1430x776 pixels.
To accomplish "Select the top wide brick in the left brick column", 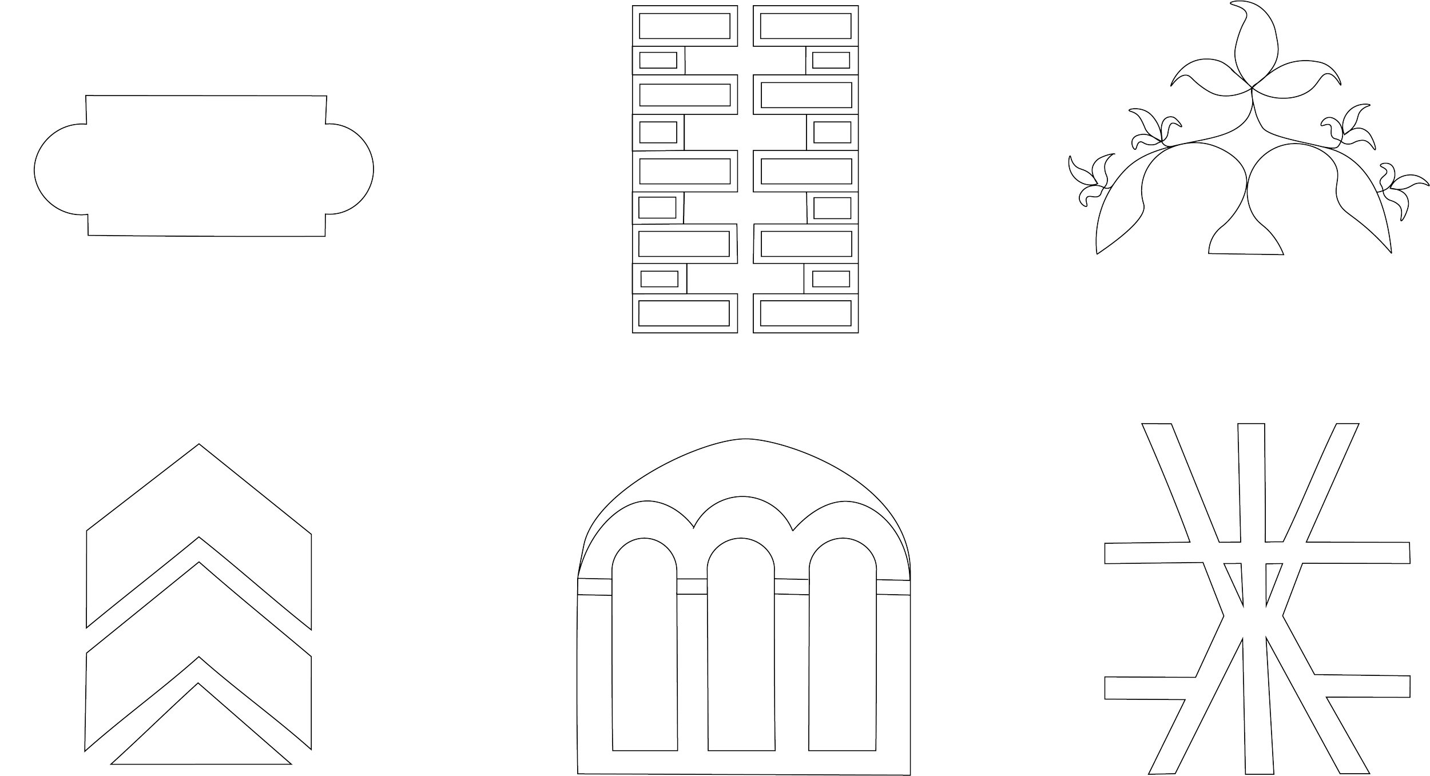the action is (x=685, y=26).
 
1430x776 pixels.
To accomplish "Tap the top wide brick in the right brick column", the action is (x=805, y=26).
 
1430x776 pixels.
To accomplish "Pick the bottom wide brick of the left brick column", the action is (x=685, y=313).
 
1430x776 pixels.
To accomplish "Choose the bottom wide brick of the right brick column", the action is (x=805, y=313).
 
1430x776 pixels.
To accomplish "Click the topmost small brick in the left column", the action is (x=658, y=61).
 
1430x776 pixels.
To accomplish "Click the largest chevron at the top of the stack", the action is (x=198, y=503).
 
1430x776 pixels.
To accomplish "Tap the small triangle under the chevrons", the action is (x=200, y=735).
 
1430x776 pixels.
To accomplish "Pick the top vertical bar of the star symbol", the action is (x=1252, y=480).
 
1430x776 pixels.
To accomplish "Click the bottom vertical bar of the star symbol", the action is (x=1257, y=715).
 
